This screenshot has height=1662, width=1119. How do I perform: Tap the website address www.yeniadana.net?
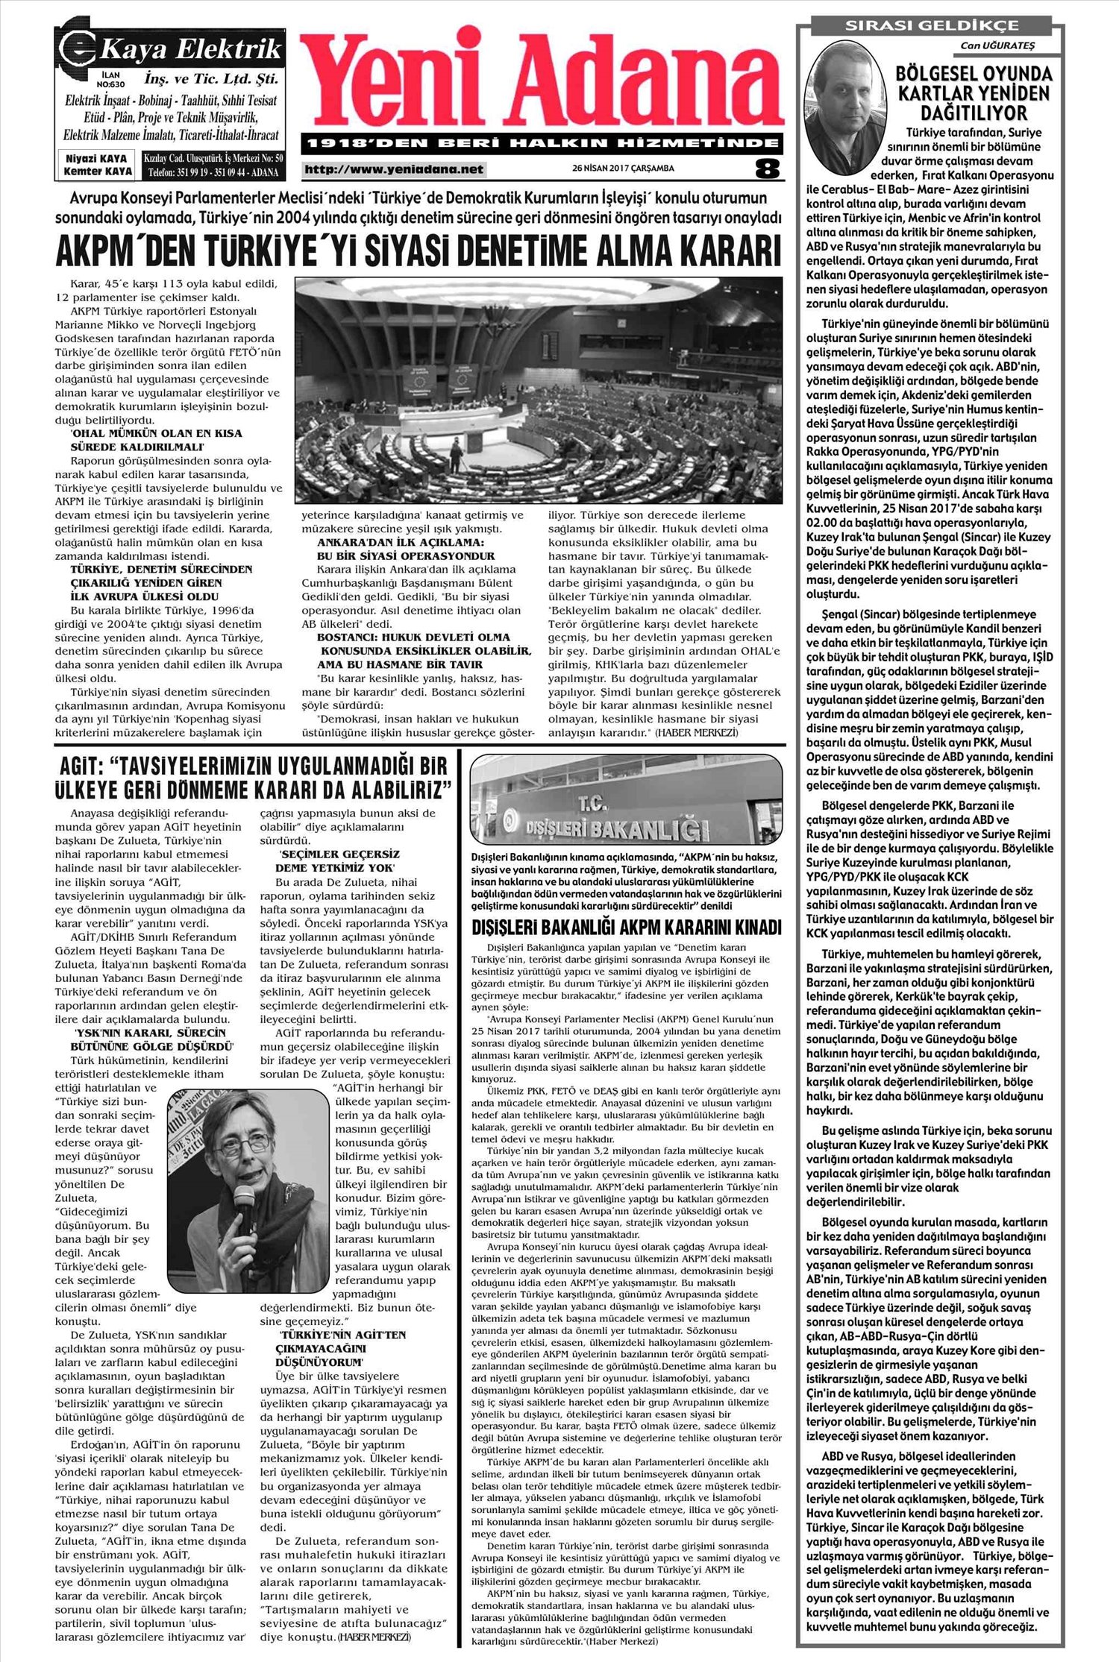(x=394, y=169)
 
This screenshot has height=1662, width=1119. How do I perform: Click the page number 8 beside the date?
(x=766, y=169)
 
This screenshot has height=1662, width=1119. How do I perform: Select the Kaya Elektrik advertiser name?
(x=190, y=50)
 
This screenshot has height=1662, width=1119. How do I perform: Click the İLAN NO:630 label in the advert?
(x=114, y=80)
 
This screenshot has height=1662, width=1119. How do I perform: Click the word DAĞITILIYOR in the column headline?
(x=974, y=113)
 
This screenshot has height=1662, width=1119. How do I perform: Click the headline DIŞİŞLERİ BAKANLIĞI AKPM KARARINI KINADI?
(x=627, y=928)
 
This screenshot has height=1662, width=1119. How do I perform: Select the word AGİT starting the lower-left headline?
(x=78, y=766)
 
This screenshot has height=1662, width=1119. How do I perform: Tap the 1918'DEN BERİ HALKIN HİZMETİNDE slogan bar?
(x=542, y=142)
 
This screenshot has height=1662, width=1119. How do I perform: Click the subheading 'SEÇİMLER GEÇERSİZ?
(x=339, y=854)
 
